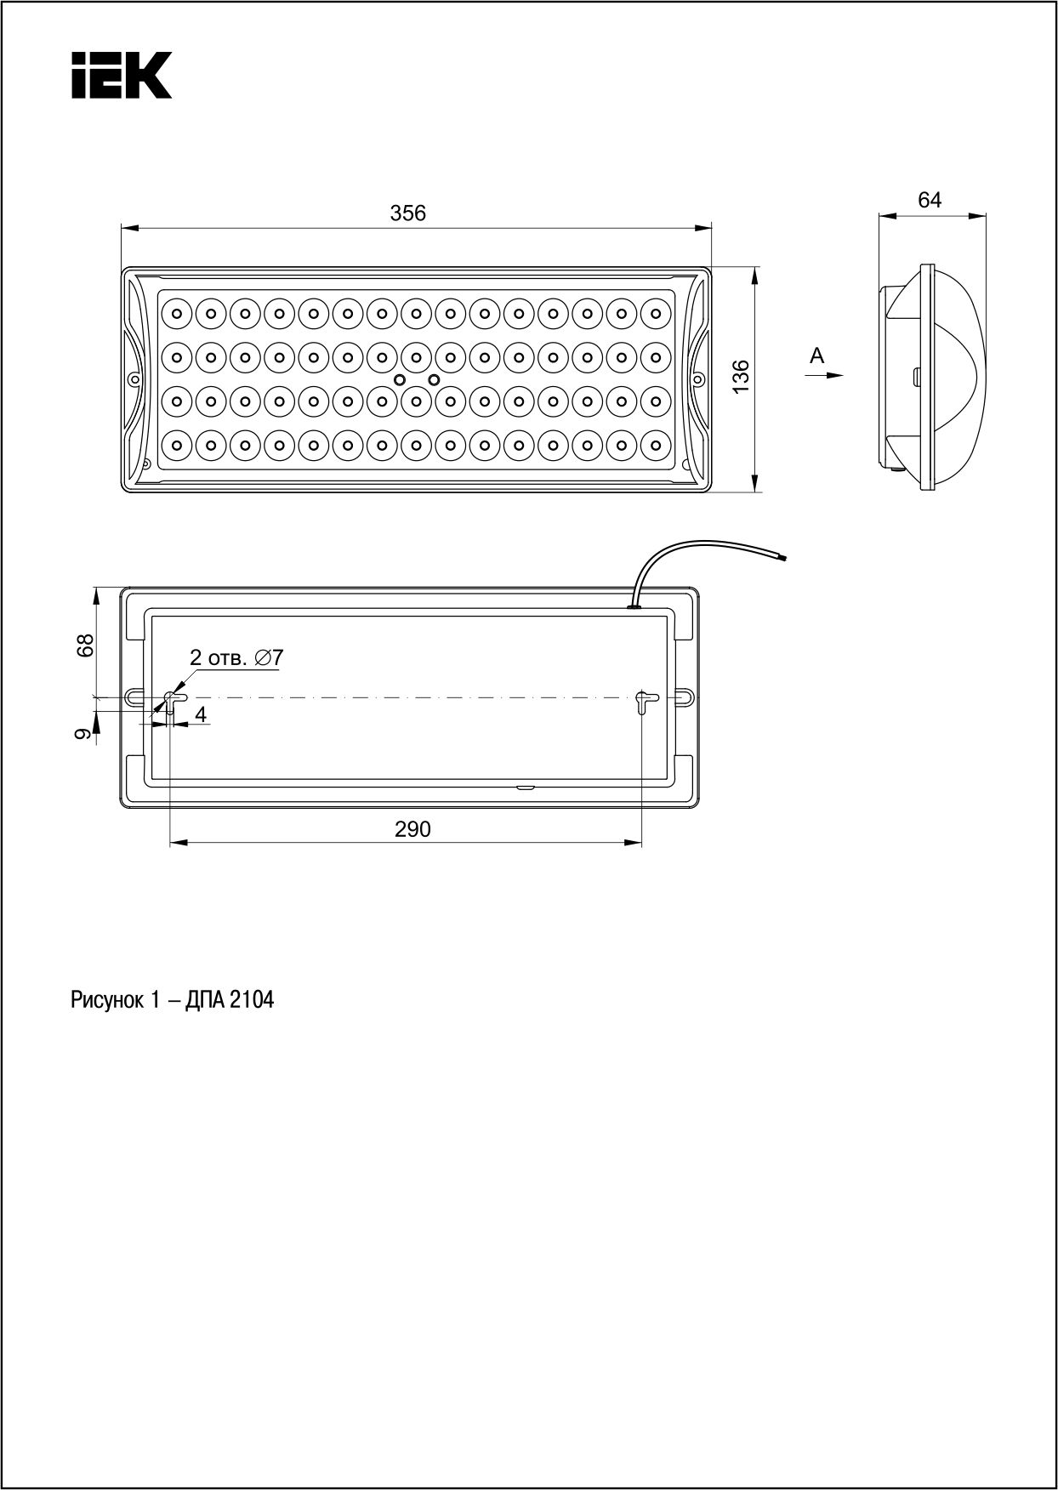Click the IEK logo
(x=121, y=75)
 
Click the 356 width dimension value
(x=408, y=213)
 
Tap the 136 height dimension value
(x=741, y=376)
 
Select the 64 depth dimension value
(x=930, y=200)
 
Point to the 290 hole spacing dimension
(x=412, y=828)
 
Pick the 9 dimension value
(x=83, y=734)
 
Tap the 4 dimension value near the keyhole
(x=201, y=714)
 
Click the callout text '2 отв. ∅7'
(x=236, y=657)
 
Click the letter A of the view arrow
(x=817, y=355)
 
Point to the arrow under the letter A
(x=827, y=374)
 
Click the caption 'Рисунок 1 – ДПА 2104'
(x=173, y=1000)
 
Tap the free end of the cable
(x=784, y=557)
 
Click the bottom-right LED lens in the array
(x=656, y=443)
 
